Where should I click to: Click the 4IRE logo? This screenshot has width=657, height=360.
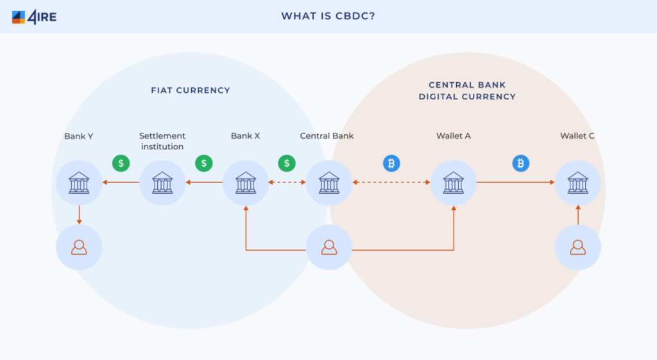34,17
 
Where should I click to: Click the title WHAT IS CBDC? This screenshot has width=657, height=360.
328,16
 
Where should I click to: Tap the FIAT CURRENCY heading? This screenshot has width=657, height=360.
191,90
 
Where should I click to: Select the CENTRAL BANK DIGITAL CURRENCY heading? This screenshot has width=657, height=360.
467,90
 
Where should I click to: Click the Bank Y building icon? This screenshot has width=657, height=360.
79,183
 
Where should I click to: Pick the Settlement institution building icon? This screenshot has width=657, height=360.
162,183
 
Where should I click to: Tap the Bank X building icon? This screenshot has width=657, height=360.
246,183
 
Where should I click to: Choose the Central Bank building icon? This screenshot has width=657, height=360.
329,183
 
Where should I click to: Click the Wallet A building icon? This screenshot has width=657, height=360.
454,183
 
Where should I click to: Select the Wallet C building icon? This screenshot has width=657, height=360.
578,183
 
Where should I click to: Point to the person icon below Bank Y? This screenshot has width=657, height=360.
79,247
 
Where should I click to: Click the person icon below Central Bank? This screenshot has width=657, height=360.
329,247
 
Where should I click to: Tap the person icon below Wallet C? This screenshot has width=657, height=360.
578,247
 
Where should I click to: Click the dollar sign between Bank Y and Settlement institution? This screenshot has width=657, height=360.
121,163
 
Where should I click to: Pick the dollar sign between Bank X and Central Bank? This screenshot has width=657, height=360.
287,163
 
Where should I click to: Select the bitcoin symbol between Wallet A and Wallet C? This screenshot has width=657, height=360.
521,163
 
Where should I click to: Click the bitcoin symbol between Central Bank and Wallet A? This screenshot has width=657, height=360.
391,163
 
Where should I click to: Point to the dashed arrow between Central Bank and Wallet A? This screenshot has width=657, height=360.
391,182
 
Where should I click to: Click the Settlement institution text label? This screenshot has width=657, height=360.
162,141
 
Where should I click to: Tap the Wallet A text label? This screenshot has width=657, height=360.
454,136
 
